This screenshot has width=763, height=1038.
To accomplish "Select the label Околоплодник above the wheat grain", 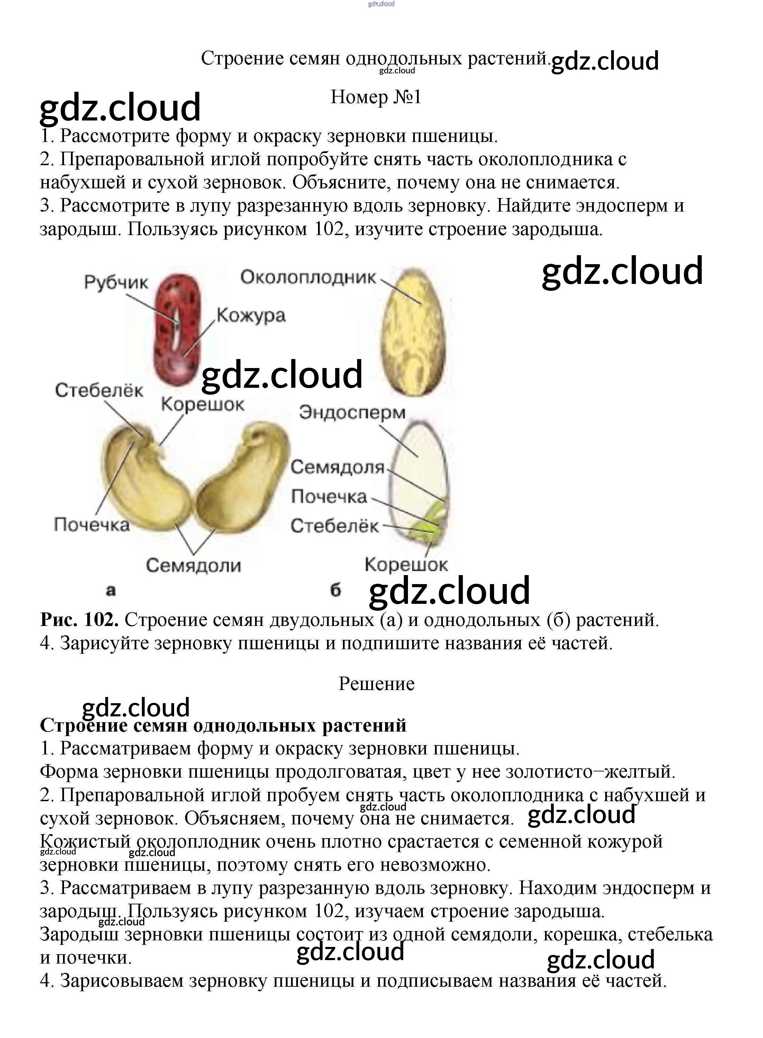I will tap(308, 277).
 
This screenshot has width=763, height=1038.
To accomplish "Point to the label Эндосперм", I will tap(352, 412).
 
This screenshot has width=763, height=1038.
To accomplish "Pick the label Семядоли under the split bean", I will tap(193, 565).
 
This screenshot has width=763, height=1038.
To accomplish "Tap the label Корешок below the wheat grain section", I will tap(406, 564).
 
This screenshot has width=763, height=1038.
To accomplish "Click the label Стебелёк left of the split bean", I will tap(99, 391).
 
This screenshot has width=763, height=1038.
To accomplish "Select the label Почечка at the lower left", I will tap(91, 525).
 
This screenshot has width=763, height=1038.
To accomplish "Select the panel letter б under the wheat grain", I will tap(335, 590).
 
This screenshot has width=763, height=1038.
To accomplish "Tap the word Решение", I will tap(376, 683).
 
